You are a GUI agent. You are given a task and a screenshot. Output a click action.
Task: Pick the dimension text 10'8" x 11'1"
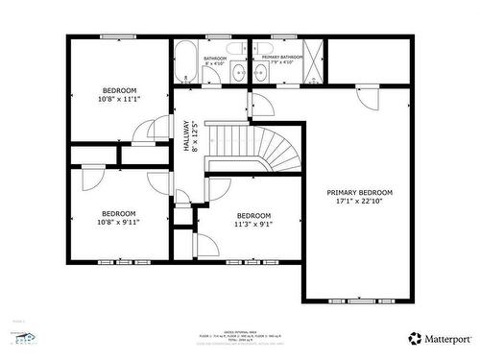point(119,98)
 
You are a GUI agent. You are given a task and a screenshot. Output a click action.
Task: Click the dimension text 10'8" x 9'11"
point(119,221)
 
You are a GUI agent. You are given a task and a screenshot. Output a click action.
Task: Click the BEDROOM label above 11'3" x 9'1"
point(253,215)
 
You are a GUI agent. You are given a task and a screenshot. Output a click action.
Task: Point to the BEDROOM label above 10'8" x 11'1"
point(119,89)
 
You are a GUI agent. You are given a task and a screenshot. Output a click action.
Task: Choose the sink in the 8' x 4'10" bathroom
point(234,72)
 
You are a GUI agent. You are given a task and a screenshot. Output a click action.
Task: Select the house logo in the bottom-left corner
point(23,337)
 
